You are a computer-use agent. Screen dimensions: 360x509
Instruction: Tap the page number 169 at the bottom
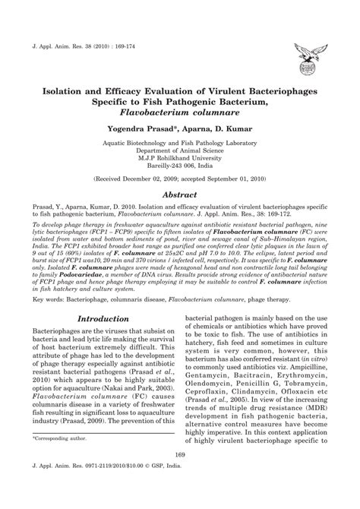[x=180, y=476]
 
